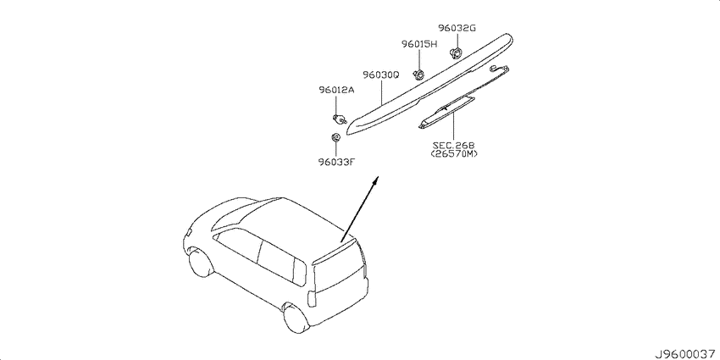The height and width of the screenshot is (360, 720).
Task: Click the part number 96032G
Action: click(x=456, y=28)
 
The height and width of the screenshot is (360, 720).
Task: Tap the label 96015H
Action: click(x=419, y=44)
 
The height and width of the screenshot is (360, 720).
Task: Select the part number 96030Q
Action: click(x=381, y=75)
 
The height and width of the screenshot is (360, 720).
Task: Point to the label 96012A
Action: click(x=336, y=90)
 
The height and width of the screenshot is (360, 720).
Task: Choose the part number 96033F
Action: click(x=336, y=161)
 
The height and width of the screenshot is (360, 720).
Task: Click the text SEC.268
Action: click(x=454, y=145)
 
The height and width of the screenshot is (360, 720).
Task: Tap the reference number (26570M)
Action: click(x=454, y=154)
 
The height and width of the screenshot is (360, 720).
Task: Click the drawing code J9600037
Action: click(x=685, y=354)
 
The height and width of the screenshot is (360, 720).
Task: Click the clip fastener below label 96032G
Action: click(x=456, y=53)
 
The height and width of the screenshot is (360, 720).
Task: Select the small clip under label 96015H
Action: click(x=419, y=74)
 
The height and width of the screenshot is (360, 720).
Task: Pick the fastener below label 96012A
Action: click(x=340, y=119)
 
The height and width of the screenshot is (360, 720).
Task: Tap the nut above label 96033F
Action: click(x=335, y=137)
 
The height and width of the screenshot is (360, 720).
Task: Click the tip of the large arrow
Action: click(x=378, y=176)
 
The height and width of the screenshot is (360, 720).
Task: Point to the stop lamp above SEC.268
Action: click(x=445, y=113)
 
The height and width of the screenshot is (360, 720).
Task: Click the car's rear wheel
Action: click(x=294, y=318)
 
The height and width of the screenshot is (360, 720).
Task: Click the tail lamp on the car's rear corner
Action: click(x=312, y=299)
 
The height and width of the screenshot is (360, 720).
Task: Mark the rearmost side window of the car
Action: click(x=299, y=272)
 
